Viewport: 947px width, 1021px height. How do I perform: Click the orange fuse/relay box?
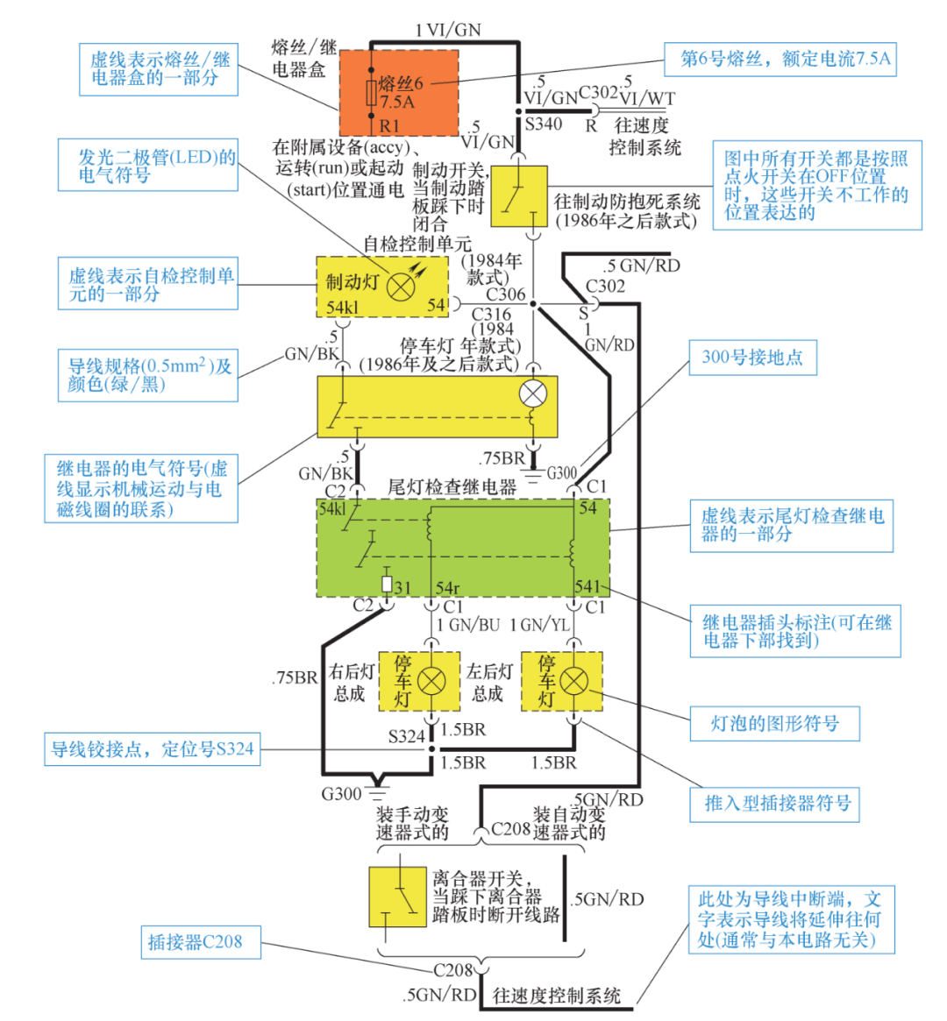click(x=399, y=92)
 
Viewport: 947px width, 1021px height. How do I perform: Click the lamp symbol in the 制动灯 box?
click(x=400, y=287)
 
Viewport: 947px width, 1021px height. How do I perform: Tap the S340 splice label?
click(x=543, y=124)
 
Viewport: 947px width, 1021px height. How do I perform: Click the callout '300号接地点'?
click(x=752, y=358)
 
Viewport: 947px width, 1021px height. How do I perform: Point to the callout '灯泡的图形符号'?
click(x=774, y=724)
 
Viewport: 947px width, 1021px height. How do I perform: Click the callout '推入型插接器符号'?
click(x=778, y=804)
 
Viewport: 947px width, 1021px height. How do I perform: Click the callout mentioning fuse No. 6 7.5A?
click(x=785, y=60)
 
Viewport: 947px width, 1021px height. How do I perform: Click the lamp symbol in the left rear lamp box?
click(x=573, y=681)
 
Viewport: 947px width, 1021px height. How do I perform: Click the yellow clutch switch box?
click(x=397, y=897)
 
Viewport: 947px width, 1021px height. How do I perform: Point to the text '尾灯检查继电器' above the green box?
click(x=452, y=487)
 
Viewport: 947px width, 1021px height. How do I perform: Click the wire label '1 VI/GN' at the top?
click(x=448, y=30)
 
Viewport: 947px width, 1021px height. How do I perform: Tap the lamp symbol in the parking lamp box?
click(x=533, y=394)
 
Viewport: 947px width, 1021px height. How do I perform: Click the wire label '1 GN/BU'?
click(x=468, y=625)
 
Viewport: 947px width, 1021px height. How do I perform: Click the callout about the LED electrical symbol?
click(x=147, y=166)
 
